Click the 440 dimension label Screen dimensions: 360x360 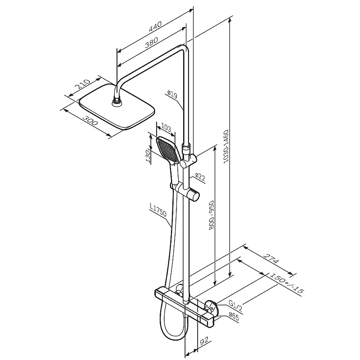155,26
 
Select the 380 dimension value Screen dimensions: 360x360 151,42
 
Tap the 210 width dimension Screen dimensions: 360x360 83,84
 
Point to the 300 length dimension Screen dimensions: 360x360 90,120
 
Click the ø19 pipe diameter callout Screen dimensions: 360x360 172,94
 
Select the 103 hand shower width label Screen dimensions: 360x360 166,127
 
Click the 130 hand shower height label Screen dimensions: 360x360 148,156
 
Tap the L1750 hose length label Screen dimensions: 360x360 158,210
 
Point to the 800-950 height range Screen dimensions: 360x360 211,215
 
